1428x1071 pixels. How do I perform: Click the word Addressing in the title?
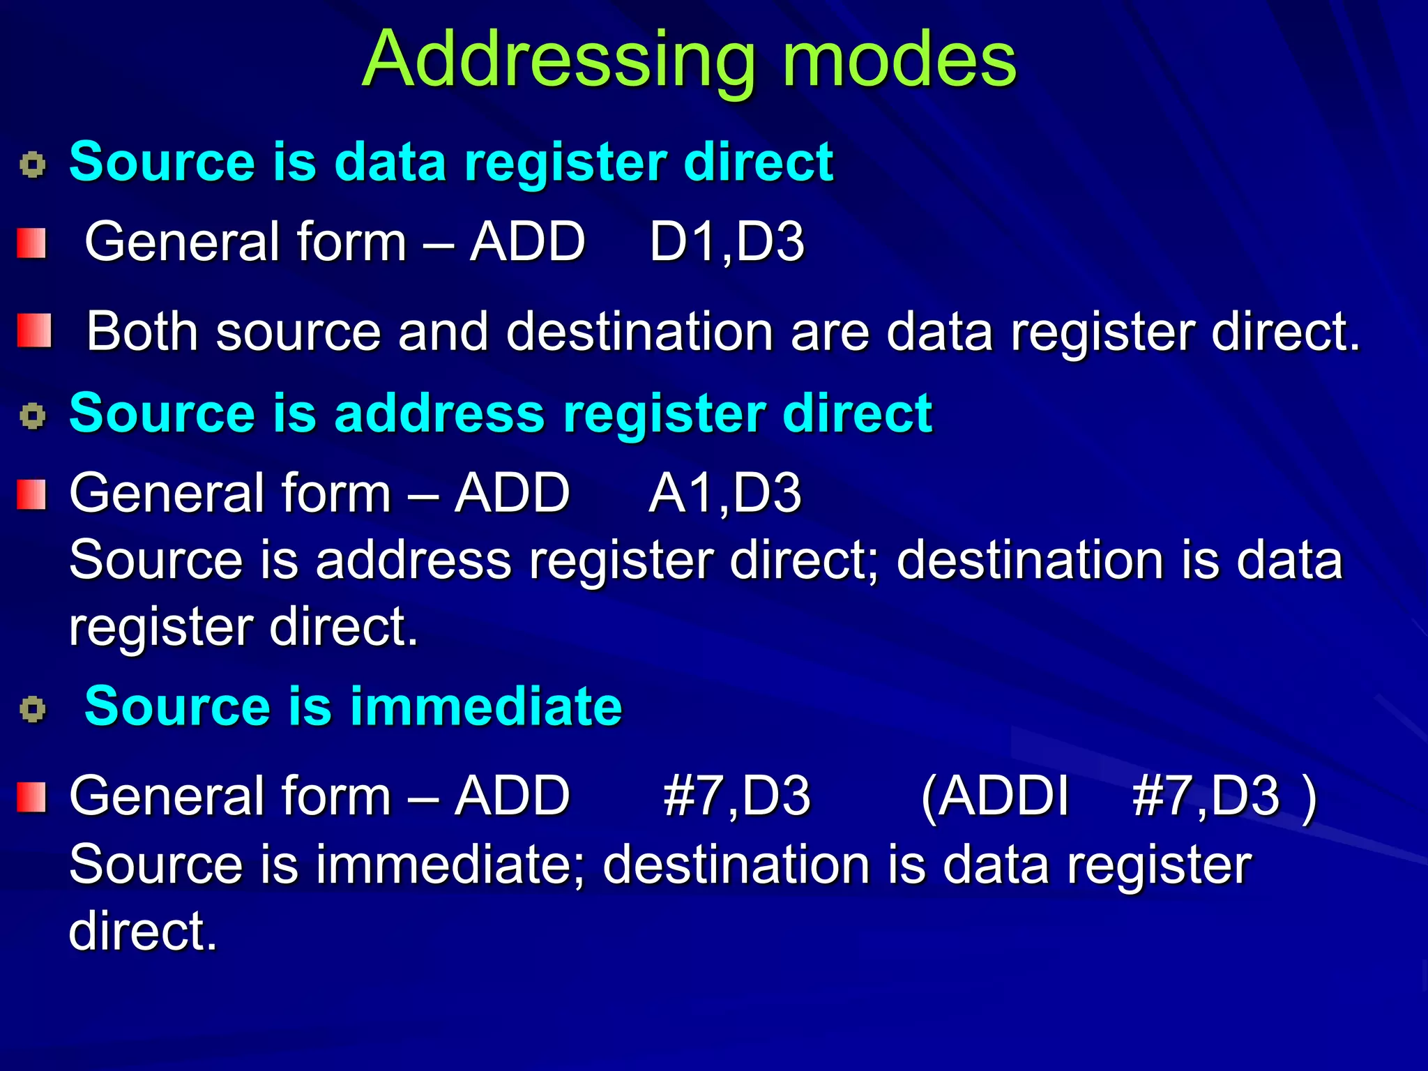click(559, 61)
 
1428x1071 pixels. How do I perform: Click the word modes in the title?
click(899, 61)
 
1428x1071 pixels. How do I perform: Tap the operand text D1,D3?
click(727, 242)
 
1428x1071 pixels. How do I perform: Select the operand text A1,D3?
click(725, 493)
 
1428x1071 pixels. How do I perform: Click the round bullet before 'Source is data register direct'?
click(33, 165)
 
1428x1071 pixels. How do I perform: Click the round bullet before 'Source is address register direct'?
click(33, 416)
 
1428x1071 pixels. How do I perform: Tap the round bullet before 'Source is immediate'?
click(33, 710)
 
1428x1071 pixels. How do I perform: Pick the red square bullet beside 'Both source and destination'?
click(34, 331)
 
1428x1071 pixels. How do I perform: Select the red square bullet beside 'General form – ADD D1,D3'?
click(31, 243)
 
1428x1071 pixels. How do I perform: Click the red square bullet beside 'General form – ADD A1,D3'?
click(31, 494)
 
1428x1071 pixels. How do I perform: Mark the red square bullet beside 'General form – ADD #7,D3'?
click(31, 797)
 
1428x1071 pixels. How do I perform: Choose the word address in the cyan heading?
click(439, 413)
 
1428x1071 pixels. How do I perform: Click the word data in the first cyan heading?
click(390, 162)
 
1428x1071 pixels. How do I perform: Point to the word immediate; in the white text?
click(450, 865)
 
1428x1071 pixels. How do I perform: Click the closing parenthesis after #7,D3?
click(1309, 797)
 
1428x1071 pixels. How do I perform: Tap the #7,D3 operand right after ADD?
click(736, 796)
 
